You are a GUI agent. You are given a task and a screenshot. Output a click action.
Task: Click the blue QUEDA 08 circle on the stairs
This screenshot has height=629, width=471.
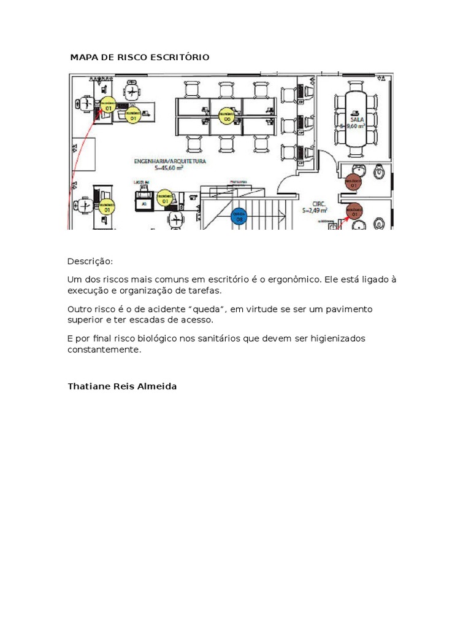[x=239, y=216]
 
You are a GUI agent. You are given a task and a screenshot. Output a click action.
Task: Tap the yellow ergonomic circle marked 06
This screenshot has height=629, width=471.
[x=226, y=115]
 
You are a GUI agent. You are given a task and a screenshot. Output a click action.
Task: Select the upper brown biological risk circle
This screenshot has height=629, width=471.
[x=353, y=182]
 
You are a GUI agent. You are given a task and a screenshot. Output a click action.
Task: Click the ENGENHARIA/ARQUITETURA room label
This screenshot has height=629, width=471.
[x=170, y=161]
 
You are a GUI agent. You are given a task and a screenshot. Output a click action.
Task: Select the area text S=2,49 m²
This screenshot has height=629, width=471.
[x=315, y=210]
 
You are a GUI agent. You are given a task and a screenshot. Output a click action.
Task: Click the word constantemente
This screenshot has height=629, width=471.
[x=104, y=350]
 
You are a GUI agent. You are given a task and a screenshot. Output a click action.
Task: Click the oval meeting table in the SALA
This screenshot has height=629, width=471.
[x=355, y=118]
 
